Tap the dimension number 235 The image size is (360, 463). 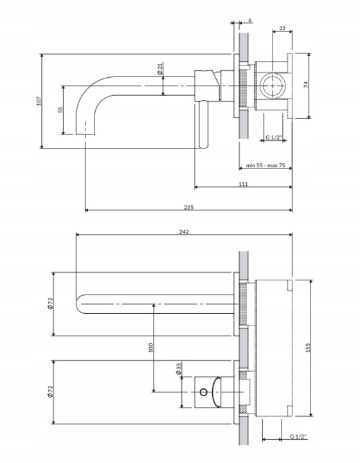click(x=188, y=207)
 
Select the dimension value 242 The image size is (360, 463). click(x=184, y=232)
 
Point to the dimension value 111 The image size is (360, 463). click(x=243, y=184)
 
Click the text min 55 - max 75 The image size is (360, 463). click(x=265, y=165)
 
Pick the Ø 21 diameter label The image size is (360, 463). click(x=160, y=68)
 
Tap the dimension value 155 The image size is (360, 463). click(x=308, y=347)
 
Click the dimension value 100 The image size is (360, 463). click(x=151, y=347)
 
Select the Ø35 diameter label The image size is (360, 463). click(x=179, y=369)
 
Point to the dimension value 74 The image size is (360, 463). click(x=306, y=84)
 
